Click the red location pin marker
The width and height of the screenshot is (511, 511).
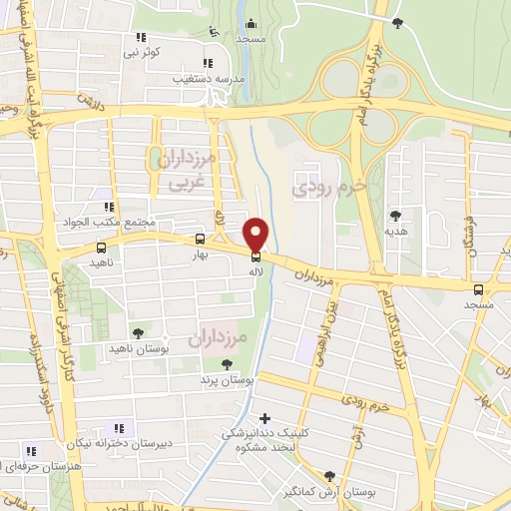pyautogui.click(x=256, y=235)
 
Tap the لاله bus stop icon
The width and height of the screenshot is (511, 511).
pyautogui.click(x=256, y=256)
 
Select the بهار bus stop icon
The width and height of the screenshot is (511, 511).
pyautogui.click(x=201, y=240)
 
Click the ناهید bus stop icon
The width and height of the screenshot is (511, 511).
pyautogui.click(x=100, y=248)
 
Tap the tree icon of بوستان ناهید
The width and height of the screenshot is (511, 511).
pyautogui.click(x=138, y=333)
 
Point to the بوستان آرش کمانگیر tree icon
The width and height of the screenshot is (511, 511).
pyautogui.click(x=330, y=475)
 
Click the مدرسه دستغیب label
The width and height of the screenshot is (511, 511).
pyautogui.click(x=208, y=75)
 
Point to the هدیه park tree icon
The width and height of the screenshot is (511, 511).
pyautogui.click(x=397, y=215)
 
